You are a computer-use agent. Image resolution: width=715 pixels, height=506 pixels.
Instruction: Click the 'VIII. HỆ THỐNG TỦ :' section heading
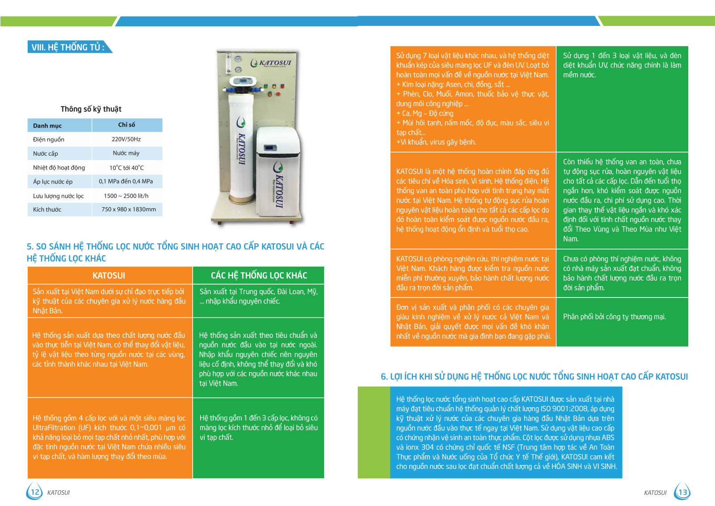68,47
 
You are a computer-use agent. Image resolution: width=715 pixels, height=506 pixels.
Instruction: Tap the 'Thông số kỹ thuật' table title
91,109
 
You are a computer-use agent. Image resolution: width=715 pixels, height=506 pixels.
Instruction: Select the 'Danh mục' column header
47,126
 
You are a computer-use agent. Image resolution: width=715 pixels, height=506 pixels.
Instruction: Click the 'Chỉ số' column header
126,125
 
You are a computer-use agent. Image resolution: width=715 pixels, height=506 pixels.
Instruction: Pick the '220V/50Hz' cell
126,139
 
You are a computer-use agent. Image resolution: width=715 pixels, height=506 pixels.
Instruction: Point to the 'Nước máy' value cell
126,153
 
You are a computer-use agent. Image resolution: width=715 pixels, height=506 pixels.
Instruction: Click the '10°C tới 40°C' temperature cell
126,168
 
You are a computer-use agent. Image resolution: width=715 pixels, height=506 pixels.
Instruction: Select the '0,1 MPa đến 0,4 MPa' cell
126,181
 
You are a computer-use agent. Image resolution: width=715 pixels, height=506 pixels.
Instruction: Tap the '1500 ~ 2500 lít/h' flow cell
126,196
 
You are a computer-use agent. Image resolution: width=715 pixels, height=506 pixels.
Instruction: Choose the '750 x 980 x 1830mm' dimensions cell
129,209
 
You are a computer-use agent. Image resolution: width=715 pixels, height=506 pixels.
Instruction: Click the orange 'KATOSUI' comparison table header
109,276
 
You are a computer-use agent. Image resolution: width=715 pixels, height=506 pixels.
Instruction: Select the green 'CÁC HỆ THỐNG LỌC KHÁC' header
259,276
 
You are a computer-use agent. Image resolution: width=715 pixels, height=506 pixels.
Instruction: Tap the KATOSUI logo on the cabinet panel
271,64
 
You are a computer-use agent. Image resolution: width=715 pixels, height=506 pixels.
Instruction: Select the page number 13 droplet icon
682,492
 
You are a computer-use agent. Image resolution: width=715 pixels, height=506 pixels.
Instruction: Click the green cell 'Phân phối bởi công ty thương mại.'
614,317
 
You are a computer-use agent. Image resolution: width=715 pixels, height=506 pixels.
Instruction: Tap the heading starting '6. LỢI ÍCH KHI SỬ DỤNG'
534,377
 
